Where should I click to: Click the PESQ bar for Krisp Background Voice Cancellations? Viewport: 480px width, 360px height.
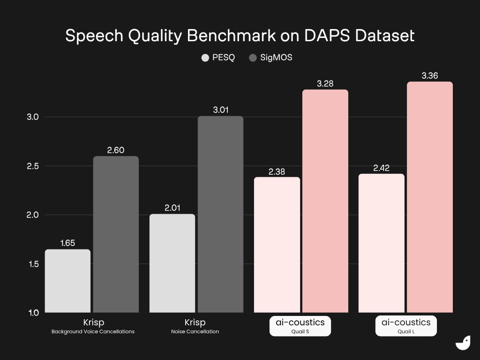tap(67, 281)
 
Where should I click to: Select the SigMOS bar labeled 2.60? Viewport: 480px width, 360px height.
tap(116, 234)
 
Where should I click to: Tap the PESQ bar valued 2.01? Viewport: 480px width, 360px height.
tap(172, 263)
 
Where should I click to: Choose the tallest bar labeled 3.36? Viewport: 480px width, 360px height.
tap(430, 197)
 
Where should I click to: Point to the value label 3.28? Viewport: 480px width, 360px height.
tap(325, 84)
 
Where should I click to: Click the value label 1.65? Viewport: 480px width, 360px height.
tap(67, 243)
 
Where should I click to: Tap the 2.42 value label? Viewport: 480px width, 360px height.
tap(382, 168)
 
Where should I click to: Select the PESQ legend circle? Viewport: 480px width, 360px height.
tap(205, 58)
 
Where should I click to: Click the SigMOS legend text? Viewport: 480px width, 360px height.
tap(276, 58)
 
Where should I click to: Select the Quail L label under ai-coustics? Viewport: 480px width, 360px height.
tap(406, 331)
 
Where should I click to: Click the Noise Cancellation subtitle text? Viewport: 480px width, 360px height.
tap(195, 331)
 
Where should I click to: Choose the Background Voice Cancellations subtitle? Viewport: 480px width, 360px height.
tap(93, 331)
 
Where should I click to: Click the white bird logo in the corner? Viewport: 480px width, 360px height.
tap(463, 343)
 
